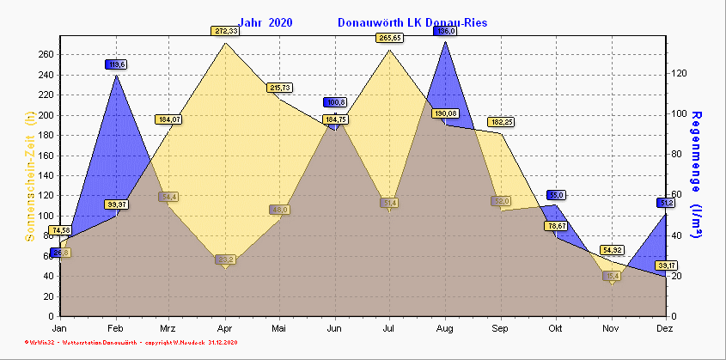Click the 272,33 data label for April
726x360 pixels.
(x=225, y=31)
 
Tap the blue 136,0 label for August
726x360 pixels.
(x=446, y=31)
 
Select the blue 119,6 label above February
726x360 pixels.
(x=116, y=64)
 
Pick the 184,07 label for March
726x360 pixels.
(x=168, y=119)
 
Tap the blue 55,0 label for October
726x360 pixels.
(x=556, y=195)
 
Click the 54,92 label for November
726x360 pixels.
(x=611, y=250)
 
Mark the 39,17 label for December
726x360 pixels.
(x=667, y=265)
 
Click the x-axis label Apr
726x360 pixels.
(x=225, y=328)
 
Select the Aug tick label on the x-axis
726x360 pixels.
(x=445, y=328)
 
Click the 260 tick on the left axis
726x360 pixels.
(x=46, y=54)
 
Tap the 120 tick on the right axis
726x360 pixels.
(x=680, y=74)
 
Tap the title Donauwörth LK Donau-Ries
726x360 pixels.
(x=412, y=22)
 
